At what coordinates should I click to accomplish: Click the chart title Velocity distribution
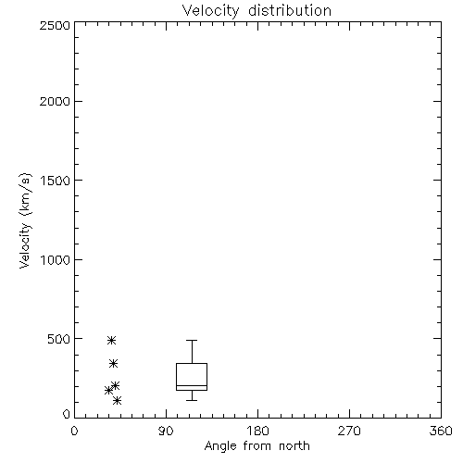click(x=257, y=11)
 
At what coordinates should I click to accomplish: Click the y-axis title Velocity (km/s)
click(x=25, y=220)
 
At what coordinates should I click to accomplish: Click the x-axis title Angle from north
click(x=257, y=446)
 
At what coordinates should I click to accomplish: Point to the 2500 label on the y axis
click(x=55, y=25)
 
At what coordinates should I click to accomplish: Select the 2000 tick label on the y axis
click(x=55, y=101)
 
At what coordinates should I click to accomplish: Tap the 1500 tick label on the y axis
click(x=56, y=181)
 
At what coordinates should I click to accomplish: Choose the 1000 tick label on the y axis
click(x=56, y=260)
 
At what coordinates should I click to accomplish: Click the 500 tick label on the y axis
click(x=59, y=339)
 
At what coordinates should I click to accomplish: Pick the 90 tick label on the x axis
click(x=166, y=431)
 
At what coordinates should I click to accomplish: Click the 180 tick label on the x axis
click(x=257, y=431)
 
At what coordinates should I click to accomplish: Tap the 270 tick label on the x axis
click(x=349, y=431)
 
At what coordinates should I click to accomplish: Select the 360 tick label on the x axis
click(x=441, y=431)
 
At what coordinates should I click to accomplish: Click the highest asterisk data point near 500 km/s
click(x=111, y=341)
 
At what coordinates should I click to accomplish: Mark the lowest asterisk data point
click(x=117, y=401)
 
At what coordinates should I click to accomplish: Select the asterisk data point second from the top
click(x=113, y=364)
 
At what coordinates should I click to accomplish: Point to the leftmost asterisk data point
click(x=108, y=391)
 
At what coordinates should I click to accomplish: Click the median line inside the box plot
click(x=192, y=385)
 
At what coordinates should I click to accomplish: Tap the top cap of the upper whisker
click(x=192, y=340)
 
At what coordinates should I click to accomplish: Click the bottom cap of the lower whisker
click(x=192, y=400)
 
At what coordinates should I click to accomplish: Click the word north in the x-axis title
click(x=294, y=446)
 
